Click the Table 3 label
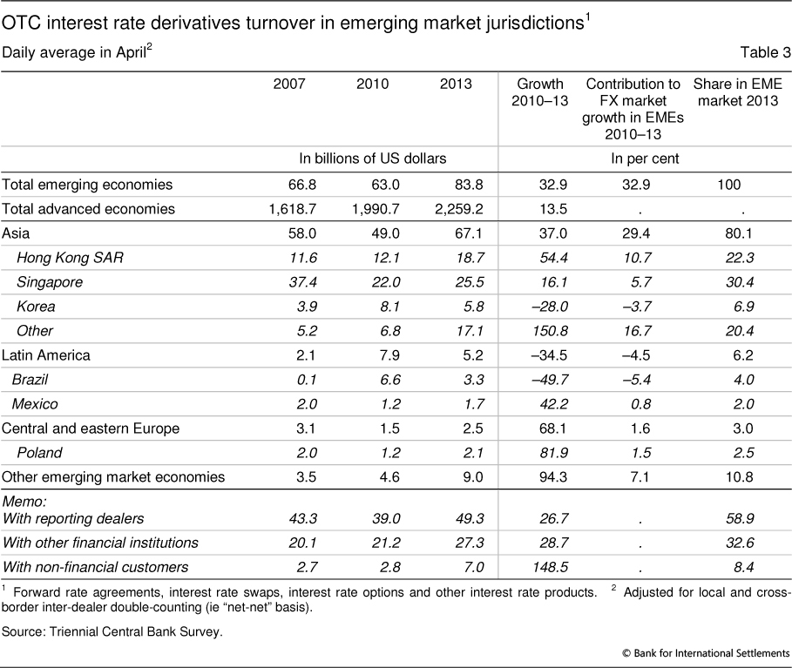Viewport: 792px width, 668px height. point(765,52)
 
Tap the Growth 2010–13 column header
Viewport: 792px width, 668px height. point(541,92)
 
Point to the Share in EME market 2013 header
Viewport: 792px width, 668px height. point(737,92)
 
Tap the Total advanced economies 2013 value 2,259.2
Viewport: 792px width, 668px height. point(447,208)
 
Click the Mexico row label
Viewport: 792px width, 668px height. point(35,403)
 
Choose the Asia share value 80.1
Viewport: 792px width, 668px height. point(742,233)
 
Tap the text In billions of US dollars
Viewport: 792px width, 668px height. point(373,159)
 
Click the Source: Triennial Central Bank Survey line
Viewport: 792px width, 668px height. point(113,631)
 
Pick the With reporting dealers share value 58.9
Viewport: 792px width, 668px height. point(742,518)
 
